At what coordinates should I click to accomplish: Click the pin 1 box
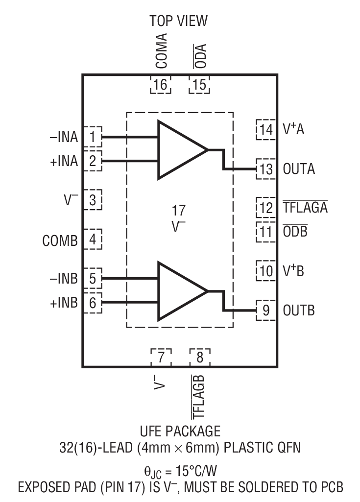[92, 137]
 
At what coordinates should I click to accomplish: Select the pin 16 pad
[160, 85]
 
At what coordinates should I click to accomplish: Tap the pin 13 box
[266, 169]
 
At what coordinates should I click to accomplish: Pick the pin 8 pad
[200, 357]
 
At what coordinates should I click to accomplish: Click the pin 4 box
[92, 240]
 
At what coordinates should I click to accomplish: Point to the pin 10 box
[266, 271]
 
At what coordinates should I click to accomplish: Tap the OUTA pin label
[299, 169]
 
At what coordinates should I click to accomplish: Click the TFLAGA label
[305, 208]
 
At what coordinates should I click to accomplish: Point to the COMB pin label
[60, 241]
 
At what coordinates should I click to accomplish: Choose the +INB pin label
[64, 303]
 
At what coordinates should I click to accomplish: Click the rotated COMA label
[161, 51]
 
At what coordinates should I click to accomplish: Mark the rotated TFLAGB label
[199, 397]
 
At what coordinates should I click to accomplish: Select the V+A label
[293, 130]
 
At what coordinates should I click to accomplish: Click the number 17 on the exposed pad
[179, 211]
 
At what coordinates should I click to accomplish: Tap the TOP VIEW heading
[179, 21]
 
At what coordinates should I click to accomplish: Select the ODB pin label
[295, 231]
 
